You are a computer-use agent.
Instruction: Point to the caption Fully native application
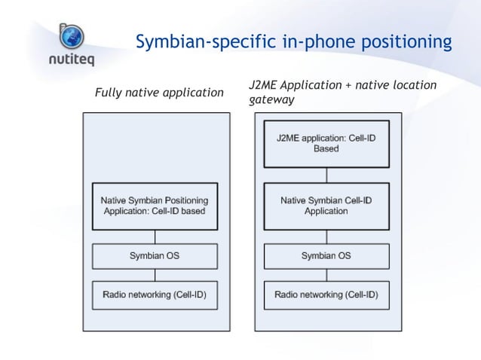coord(159,93)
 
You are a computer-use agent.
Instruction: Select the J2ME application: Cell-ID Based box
coord(326,144)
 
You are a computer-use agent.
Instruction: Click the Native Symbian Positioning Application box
coord(155,206)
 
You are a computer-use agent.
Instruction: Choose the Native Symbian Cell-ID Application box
coord(326,206)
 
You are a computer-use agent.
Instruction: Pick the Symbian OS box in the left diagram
coord(155,256)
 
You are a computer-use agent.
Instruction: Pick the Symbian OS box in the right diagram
coord(326,256)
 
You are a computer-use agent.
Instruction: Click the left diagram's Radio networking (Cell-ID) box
coord(155,294)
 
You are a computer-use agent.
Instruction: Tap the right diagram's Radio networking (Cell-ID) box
coord(326,294)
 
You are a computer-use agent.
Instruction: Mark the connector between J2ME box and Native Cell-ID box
coord(326,175)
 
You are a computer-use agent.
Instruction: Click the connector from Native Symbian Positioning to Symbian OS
coord(155,236)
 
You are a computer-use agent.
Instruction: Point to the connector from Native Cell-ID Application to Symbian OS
coord(326,236)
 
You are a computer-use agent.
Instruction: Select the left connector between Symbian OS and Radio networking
coord(155,275)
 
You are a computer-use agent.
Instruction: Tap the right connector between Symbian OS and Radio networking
coord(326,275)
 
